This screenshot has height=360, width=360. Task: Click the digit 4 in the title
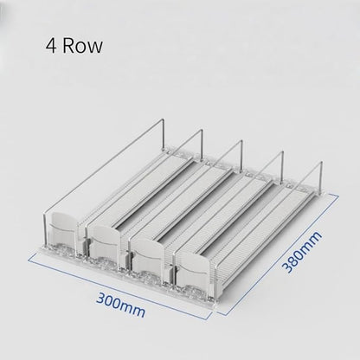tap(51, 46)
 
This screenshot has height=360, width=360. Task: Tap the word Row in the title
tap(82, 46)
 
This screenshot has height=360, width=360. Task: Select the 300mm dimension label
tap(120, 304)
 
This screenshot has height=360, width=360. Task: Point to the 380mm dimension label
tap(302, 252)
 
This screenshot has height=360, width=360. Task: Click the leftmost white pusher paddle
tap(63, 230)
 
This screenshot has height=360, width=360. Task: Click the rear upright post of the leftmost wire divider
tap(164, 135)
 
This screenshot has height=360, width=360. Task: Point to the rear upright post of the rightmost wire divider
tap(320, 176)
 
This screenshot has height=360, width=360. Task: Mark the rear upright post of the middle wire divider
tap(241, 155)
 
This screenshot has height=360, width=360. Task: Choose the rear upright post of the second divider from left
tap(202, 145)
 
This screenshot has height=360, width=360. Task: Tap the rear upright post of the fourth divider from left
tap(282, 166)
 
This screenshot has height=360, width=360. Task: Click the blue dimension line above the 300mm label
tap(119, 285)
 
